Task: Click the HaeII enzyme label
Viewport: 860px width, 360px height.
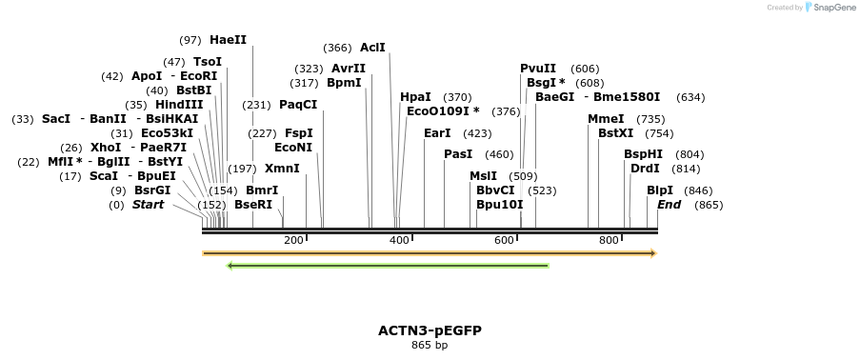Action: (228, 40)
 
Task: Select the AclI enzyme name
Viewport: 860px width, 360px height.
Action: (372, 48)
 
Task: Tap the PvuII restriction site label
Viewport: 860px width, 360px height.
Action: (538, 69)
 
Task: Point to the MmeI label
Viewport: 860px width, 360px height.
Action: (606, 119)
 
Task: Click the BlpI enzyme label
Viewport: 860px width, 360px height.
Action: (660, 190)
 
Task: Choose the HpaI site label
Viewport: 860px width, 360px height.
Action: (415, 97)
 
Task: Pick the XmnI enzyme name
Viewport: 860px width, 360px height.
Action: (282, 169)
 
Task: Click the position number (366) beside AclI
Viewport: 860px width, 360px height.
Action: (337, 48)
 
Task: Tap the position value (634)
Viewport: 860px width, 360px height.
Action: (690, 97)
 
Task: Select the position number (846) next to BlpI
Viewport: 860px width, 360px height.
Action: (698, 190)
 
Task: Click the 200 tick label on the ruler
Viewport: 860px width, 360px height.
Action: (293, 240)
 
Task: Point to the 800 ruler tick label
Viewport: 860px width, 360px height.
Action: (609, 240)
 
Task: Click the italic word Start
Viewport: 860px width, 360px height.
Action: (148, 205)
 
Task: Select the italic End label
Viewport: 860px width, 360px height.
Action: (670, 205)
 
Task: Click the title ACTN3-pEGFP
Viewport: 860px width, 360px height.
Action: (430, 330)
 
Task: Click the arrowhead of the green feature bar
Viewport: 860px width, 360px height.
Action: (230, 266)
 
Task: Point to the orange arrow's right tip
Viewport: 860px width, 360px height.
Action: (654, 253)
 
